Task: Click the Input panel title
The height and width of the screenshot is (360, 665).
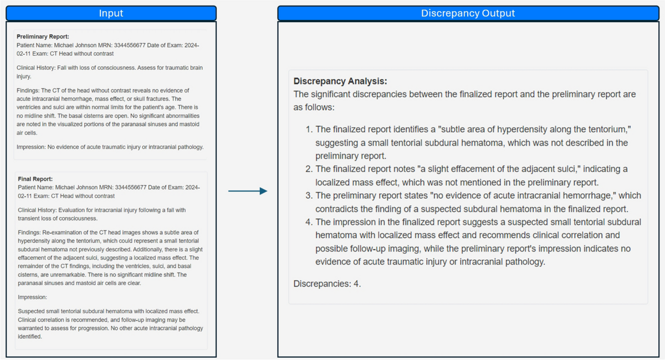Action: pyautogui.click(x=111, y=13)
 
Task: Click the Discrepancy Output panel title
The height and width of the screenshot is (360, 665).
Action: pyautogui.click(x=468, y=13)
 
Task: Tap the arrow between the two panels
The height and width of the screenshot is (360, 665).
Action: pyautogui.click(x=248, y=191)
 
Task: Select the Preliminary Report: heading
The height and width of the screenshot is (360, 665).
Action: pyautogui.click(x=43, y=37)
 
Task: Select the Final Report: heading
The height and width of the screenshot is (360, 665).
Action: pyautogui.click(x=35, y=179)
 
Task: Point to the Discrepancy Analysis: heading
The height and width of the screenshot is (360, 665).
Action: pyautogui.click(x=340, y=81)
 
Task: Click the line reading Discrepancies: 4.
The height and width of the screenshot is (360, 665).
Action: pyautogui.click(x=327, y=284)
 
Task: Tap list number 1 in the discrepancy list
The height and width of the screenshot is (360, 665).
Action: pyautogui.click(x=309, y=129)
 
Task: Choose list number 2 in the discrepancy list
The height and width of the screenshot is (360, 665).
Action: pyautogui.click(x=309, y=169)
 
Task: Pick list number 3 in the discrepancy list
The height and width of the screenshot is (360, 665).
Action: pyautogui.click(x=309, y=196)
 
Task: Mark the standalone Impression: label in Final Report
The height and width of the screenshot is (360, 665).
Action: pyautogui.click(x=33, y=297)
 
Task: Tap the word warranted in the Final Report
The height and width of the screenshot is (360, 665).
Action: pyautogui.click(x=32, y=328)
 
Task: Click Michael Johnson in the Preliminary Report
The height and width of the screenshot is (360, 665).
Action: pyautogui.click(x=73, y=45)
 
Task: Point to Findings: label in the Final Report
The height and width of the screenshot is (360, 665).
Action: pyautogui.click(x=30, y=232)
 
